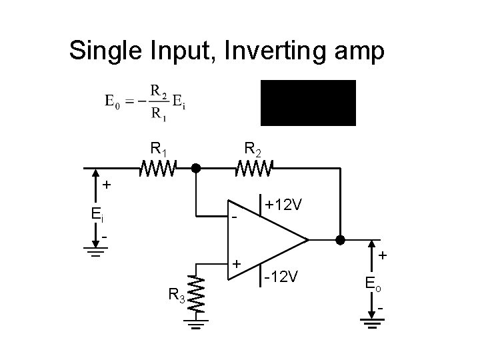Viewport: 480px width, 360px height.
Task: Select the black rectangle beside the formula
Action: [308, 103]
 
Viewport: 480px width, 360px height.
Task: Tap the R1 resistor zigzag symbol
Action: [157, 169]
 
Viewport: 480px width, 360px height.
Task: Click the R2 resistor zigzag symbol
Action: [253, 169]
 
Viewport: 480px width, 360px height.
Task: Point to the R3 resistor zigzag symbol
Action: [195, 291]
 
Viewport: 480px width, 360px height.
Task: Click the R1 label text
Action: [159, 147]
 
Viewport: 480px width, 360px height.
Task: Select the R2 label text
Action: [253, 147]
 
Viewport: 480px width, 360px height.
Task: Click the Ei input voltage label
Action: [97, 214]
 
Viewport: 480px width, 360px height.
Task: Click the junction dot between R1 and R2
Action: [196, 169]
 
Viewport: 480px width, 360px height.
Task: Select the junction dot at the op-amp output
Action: [341, 239]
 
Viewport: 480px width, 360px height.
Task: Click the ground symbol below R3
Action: [195, 325]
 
